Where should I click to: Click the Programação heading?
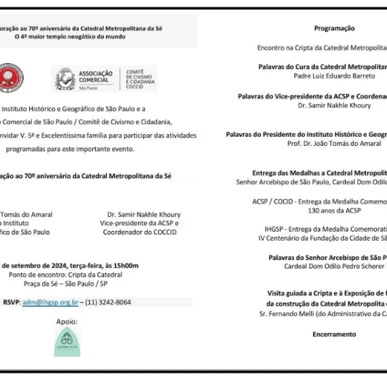334,28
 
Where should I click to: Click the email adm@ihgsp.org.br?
50,302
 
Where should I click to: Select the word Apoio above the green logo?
66,321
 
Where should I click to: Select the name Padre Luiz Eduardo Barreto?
334,75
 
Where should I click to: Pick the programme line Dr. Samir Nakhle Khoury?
334,105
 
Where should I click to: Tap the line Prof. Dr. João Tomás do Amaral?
334,143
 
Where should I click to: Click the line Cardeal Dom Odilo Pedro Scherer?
334,266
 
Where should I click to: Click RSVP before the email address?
11,302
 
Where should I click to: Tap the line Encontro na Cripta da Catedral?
322,48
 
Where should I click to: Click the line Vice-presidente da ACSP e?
139,223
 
